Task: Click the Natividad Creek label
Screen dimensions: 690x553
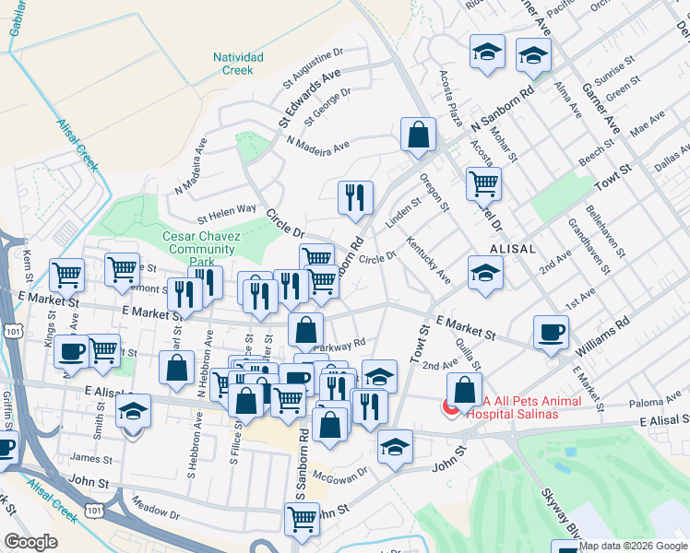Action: point(238,64)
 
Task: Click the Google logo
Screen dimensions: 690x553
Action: point(30,542)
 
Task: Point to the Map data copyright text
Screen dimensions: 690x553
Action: point(633,546)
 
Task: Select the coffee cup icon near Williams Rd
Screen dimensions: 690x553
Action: point(551,333)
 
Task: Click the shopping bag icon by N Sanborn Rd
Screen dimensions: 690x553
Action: point(418,135)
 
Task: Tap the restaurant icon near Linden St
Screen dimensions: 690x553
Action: point(355,198)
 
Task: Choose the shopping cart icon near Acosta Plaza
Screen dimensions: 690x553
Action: point(482,184)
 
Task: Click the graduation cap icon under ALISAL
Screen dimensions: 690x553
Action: point(485,273)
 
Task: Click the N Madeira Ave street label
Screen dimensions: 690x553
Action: point(318,146)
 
